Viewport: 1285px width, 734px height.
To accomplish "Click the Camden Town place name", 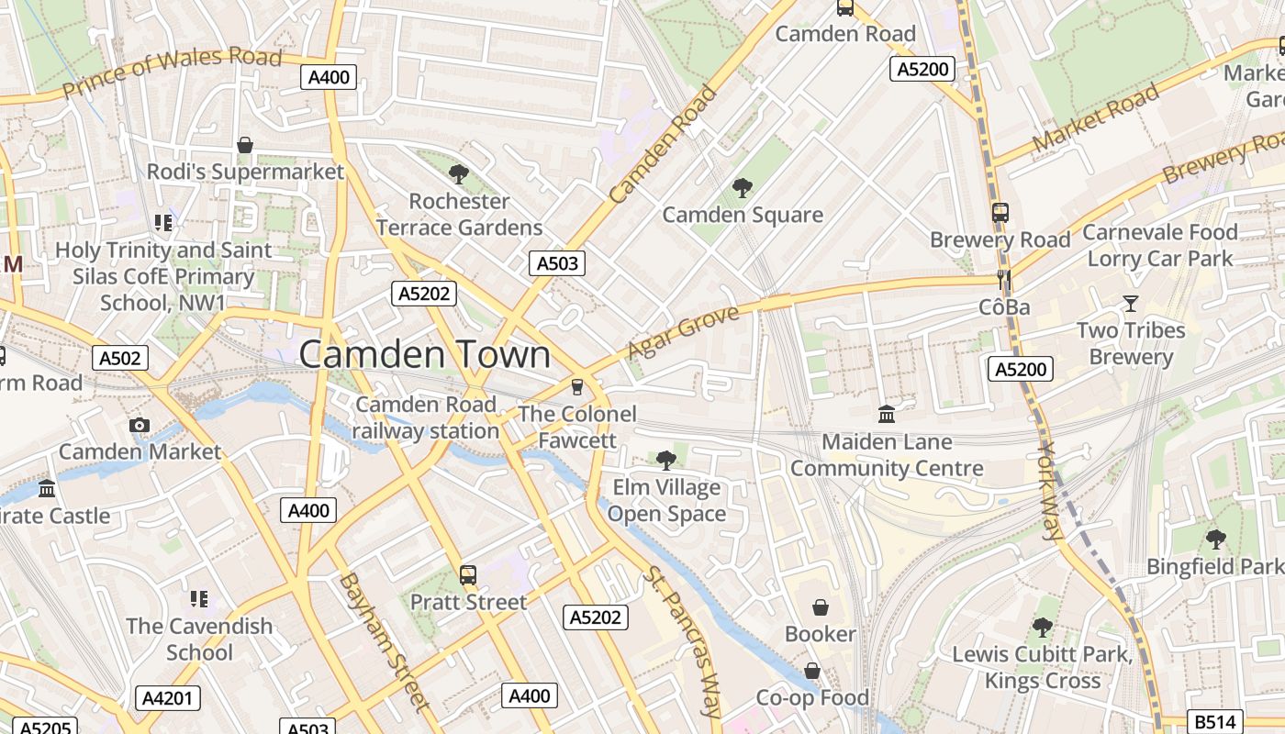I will (425, 355).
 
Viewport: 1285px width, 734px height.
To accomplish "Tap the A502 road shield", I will (120, 358).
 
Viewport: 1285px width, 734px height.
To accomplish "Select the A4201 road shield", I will (168, 698).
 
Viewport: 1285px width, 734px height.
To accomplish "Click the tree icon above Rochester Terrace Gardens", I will (458, 173).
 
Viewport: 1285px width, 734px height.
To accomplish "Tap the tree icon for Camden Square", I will (742, 188).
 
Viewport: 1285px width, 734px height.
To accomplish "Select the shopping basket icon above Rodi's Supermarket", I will (245, 145).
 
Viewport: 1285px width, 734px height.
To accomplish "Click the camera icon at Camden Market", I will (140, 425).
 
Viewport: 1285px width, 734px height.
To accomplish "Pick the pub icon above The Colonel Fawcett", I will (576, 386).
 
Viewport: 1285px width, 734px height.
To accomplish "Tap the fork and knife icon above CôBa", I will (1004, 279).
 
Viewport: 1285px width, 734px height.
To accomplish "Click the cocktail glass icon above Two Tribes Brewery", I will (1130, 303).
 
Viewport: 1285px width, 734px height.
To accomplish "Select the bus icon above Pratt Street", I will (468, 575).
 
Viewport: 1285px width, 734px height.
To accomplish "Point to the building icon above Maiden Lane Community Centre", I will (887, 414).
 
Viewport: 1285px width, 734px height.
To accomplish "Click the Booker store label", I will (820, 634).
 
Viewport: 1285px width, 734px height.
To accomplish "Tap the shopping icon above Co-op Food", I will (812, 672).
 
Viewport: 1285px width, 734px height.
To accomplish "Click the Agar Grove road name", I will (683, 333).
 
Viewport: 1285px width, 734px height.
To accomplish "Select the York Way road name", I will (1050, 491).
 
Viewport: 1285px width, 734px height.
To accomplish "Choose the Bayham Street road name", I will (383, 641).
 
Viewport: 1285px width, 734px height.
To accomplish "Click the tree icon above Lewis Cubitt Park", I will (1042, 628).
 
